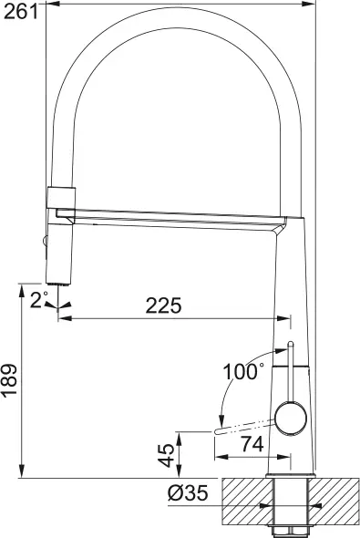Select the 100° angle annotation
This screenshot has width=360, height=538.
[242, 372]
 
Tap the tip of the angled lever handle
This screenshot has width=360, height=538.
[219, 429]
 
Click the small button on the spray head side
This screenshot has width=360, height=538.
[43, 241]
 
